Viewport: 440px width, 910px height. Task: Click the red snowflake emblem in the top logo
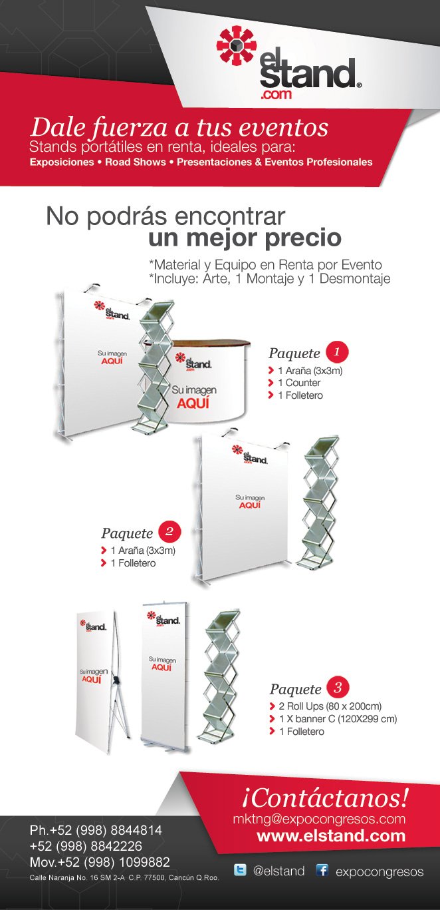click(237, 45)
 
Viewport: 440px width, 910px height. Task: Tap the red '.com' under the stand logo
click(276, 95)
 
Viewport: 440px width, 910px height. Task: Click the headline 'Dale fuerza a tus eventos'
click(179, 128)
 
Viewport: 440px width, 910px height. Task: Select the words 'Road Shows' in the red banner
click(136, 162)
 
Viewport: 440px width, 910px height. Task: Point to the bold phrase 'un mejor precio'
click(245, 238)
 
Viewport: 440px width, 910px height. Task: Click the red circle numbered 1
click(337, 351)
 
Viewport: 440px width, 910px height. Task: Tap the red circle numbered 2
click(169, 532)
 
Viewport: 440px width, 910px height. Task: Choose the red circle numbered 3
click(338, 688)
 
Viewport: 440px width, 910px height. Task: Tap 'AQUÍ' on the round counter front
click(193, 403)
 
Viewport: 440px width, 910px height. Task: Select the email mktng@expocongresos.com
click(319, 819)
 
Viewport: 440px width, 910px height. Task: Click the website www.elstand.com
click(331, 835)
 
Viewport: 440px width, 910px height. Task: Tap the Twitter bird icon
click(240, 870)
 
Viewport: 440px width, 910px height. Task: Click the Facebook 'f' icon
click(322, 870)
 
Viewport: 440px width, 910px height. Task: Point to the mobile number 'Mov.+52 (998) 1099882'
click(100, 862)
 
